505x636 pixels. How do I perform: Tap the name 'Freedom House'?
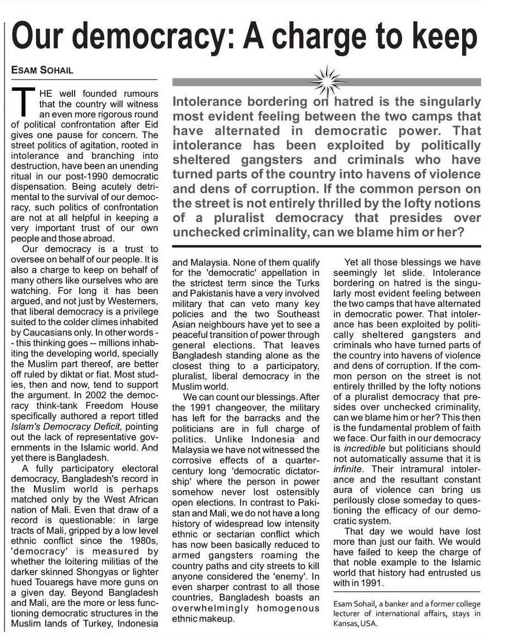(130, 405)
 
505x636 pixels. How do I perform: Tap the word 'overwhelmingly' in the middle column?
(212, 608)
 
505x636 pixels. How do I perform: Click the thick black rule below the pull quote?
(327, 245)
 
